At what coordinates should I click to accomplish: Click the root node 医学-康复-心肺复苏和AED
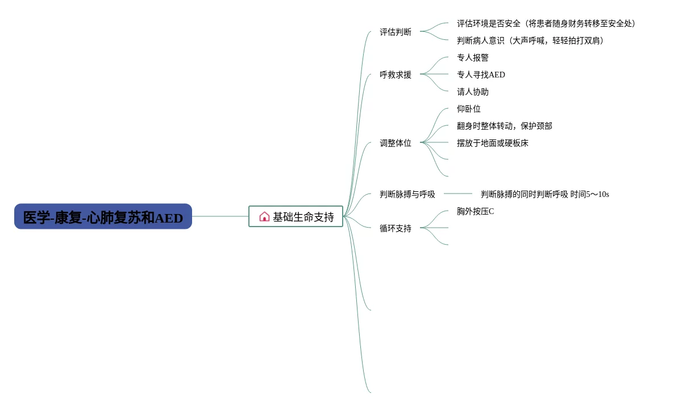pos(103,217)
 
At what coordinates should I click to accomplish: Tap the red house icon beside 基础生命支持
pos(264,217)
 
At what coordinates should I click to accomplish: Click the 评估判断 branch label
pos(396,32)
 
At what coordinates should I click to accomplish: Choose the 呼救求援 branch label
pos(396,75)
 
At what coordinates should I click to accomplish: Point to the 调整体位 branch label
pos(396,143)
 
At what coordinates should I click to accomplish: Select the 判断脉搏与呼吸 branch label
pos(407,194)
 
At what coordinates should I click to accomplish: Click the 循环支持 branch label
pos(396,228)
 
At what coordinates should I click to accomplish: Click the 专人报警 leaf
pos(473,57)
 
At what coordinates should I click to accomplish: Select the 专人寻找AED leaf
pos(481,75)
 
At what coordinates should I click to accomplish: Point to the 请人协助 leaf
pos(473,92)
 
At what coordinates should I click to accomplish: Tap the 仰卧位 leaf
pos(469,109)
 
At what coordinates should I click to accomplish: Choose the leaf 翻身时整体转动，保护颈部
pos(505,126)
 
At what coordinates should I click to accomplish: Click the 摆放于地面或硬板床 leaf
pos(493,143)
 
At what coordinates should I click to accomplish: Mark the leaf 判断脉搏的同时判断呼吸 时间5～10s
pos(544,194)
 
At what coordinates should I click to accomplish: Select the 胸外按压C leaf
pos(476,211)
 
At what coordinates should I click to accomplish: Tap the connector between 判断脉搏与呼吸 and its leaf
pos(458,194)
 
